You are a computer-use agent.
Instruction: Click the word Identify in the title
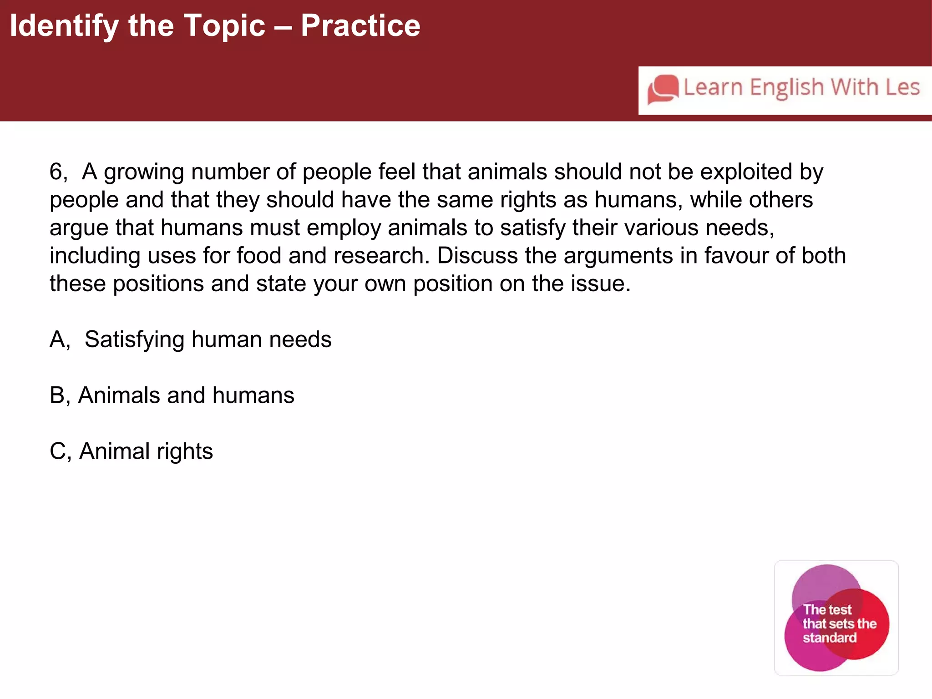[x=64, y=26]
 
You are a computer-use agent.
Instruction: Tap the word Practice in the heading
[x=360, y=26]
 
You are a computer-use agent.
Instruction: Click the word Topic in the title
[x=224, y=26]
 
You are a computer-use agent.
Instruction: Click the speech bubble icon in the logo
[x=663, y=89]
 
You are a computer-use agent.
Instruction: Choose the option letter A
[x=58, y=339]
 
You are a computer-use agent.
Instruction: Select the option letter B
[x=58, y=395]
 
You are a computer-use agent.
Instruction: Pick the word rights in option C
[x=185, y=452]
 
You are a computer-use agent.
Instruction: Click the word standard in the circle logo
[x=830, y=638]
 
